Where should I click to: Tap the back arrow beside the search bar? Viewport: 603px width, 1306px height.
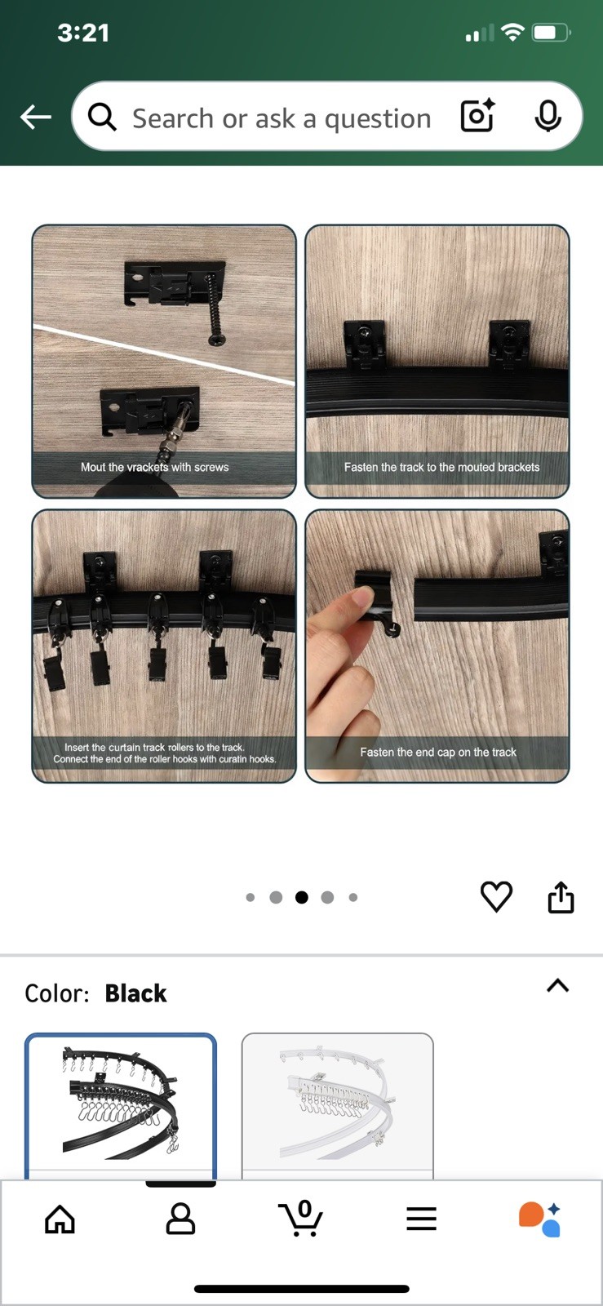coord(36,118)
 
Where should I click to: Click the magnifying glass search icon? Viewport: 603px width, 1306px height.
coord(102,118)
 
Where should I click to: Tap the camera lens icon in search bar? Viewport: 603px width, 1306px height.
coord(477,115)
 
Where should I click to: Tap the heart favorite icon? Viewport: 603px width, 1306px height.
coord(496,896)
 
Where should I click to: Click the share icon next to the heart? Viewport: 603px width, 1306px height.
coord(561,897)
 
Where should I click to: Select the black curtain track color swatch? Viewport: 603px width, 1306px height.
coord(121,1105)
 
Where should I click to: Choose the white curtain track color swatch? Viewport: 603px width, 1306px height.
coord(337,1105)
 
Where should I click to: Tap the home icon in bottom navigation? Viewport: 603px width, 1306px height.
coord(60,1219)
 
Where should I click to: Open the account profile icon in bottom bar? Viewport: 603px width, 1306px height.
coord(180,1218)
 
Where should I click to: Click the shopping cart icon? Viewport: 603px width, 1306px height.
coord(300,1218)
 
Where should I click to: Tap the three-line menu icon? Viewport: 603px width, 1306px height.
coord(421,1219)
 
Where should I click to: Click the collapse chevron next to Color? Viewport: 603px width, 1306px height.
coord(557,985)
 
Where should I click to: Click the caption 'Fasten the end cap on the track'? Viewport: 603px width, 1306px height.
coord(438,752)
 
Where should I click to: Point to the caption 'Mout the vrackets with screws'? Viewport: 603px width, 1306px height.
coord(154,467)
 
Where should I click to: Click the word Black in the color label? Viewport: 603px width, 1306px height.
coord(135,993)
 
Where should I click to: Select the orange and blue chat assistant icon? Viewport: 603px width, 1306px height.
coord(540,1219)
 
